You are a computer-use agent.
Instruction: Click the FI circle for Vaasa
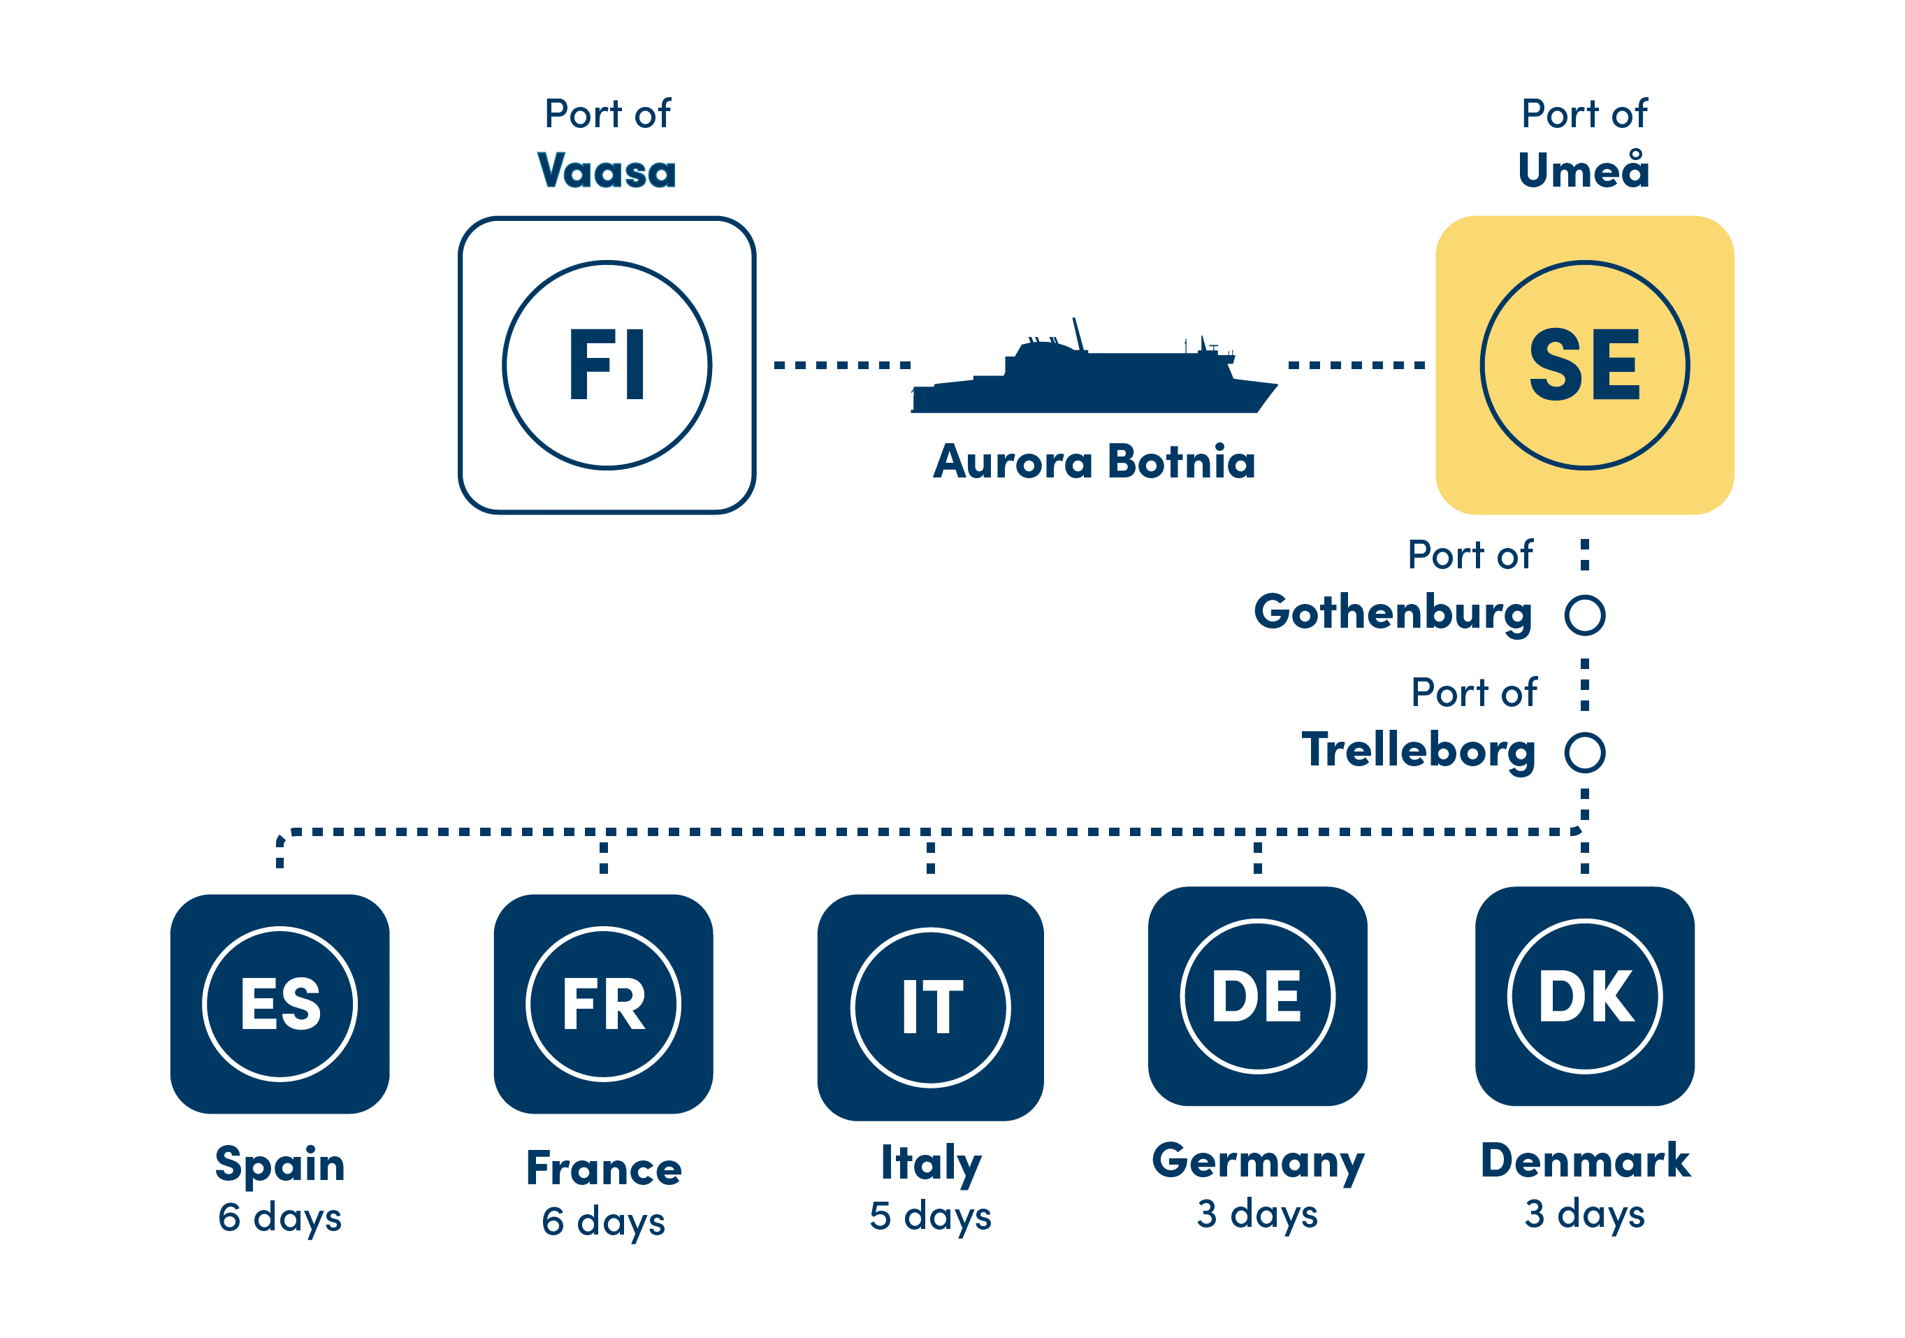click(x=607, y=365)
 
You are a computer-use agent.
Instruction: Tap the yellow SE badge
click(x=1584, y=365)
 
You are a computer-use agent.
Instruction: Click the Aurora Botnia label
click(x=1094, y=461)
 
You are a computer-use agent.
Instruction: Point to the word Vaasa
click(x=607, y=171)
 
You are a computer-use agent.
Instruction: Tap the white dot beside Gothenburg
click(x=1585, y=615)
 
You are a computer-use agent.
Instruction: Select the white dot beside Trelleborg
click(x=1585, y=752)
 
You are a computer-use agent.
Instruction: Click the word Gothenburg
click(x=1392, y=613)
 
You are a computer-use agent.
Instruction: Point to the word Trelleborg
click(x=1418, y=750)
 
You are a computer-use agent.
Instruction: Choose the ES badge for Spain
click(x=280, y=1004)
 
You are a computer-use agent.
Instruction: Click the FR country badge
click(x=603, y=1004)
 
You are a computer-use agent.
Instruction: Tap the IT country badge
click(x=930, y=1007)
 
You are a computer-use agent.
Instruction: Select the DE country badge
click(x=1257, y=996)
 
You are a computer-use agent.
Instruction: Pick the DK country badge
click(x=1585, y=996)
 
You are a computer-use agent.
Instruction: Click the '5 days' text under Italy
click(x=930, y=1216)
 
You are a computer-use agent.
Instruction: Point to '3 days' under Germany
click(x=1257, y=1214)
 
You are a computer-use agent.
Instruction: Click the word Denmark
click(x=1585, y=1160)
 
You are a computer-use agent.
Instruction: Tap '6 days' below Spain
click(x=280, y=1218)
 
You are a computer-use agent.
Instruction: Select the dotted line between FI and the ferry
click(x=842, y=365)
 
